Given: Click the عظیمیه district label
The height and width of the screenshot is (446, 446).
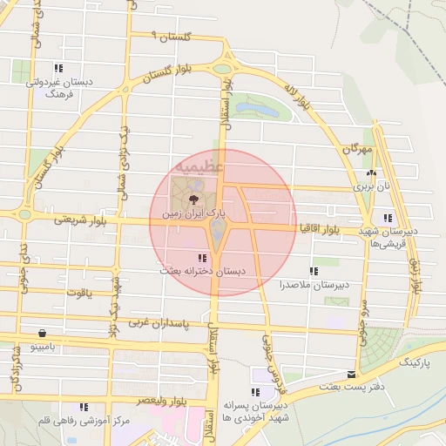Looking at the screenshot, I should (x=199, y=164).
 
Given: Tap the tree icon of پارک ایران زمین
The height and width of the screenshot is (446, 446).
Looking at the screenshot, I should (x=193, y=200).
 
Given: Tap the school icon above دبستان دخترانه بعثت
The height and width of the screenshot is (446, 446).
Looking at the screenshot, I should (x=202, y=259).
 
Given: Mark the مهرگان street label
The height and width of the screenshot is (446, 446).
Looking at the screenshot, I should (x=355, y=150).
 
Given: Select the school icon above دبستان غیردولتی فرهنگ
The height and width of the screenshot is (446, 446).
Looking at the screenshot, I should (x=58, y=68).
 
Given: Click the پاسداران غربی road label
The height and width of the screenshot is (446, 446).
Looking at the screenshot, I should (x=159, y=322).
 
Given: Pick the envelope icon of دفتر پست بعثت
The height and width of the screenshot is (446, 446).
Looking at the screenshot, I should (x=352, y=375).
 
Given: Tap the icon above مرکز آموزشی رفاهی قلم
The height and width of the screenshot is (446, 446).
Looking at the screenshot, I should (x=84, y=407).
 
